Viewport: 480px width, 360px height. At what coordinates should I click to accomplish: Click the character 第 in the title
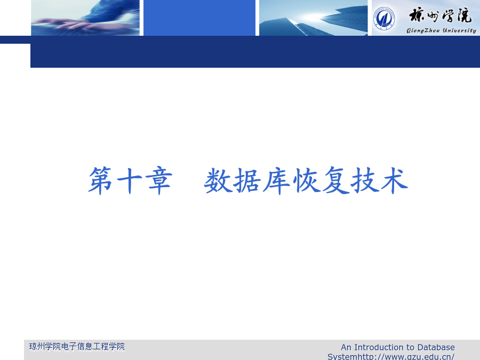pos(100,181)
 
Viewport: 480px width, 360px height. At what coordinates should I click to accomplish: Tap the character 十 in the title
pos(130,181)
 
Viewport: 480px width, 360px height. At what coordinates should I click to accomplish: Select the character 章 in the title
pos(159,181)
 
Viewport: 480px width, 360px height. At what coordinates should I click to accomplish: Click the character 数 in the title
pos(218,181)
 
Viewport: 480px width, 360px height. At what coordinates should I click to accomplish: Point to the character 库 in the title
pos(276,181)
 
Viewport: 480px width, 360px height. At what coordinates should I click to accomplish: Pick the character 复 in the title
pos(335,181)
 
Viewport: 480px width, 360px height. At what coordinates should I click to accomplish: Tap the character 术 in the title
pos(394,181)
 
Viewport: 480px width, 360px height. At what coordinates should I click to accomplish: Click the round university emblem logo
pos(384,18)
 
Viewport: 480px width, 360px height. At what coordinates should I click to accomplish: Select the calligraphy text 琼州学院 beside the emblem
pos(440,15)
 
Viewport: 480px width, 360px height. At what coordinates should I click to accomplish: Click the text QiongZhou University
pos(441,30)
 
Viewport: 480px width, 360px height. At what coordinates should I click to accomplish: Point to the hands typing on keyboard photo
pos(85,18)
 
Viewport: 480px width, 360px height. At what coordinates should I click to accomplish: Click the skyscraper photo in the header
pos(313,18)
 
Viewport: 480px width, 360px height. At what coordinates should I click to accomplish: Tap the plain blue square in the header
pos(199,18)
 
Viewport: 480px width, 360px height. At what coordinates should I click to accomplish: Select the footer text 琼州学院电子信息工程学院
pos(77,347)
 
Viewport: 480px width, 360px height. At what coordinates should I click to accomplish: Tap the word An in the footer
pos(346,347)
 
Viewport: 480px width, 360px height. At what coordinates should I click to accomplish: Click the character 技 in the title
pos(365,181)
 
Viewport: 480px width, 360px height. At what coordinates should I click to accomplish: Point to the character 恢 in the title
pos(306,181)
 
